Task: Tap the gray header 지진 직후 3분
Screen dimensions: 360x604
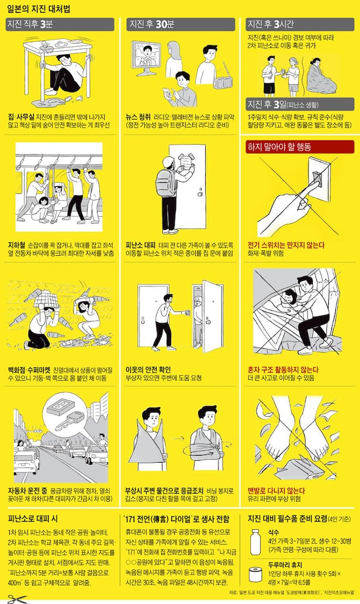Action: click(x=60, y=25)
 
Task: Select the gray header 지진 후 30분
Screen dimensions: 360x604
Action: click(x=181, y=25)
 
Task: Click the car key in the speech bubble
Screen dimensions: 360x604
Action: click(x=70, y=421)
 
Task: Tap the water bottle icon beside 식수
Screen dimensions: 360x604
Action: click(x=255, y=541)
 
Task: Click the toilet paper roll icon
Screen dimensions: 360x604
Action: click(x=255, y=574)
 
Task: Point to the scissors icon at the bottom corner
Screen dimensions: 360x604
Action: click(x=17, y=599)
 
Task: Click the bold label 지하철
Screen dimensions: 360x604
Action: click(x=16, y=245)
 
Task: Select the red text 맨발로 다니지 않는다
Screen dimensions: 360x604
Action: click(x=276, y=490)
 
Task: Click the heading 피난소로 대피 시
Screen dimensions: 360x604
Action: click(x=33, y=519)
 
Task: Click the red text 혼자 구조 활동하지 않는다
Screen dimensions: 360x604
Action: click(x=283, y=369)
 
